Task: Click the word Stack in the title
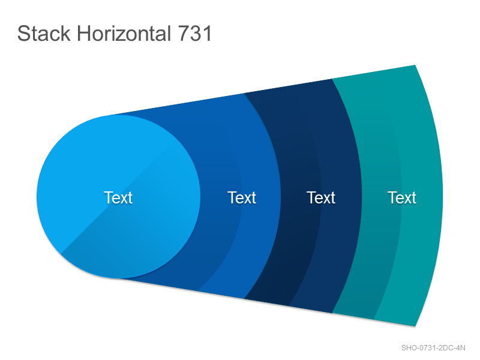[44, 34]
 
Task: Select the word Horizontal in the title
[124, 34]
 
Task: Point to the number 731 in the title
[194, 34]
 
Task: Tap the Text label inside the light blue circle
[118, 197]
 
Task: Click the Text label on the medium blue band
[242, 197]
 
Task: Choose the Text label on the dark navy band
[321, 197]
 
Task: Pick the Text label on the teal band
[402, 197]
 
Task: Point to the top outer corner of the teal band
[415, 65]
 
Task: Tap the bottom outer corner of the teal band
[415, 326]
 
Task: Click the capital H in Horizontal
[83, 34]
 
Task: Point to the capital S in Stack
[23, 34]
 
